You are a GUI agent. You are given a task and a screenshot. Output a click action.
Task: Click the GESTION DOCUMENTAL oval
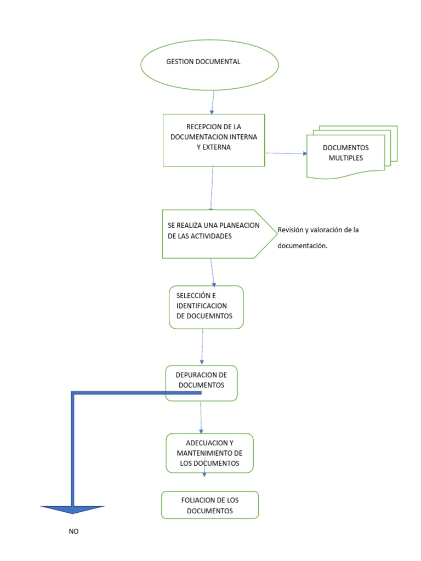[x=209, y=62]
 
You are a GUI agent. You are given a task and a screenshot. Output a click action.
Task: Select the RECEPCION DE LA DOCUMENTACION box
[x=214, y=140]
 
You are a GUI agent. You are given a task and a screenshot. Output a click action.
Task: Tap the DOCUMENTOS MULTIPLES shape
[x=346, y=153]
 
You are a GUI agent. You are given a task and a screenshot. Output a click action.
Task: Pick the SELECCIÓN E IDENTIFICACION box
[x=206, y=307]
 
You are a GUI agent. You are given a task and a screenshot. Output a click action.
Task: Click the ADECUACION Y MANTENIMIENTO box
[x=210, y=453]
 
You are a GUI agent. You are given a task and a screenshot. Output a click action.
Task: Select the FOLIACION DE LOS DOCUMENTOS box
[x=210, y=505]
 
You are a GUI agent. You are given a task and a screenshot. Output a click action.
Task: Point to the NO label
[x=73, y=531]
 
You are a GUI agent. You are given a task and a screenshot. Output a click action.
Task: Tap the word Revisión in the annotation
[x=291, y=230]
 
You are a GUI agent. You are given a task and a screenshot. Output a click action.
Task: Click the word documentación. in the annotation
[x=303, y=246]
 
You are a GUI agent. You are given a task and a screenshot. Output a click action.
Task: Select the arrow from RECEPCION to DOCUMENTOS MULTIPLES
[x=286, y=153]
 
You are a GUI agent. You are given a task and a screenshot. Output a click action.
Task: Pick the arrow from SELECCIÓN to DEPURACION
[x=202, y=347]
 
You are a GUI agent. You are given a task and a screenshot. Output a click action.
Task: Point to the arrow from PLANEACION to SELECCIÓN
[x=213, y=272]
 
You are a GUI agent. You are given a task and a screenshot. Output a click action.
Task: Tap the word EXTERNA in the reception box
[x=213, y=147]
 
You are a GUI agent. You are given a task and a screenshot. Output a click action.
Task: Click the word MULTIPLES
[x=345, y=158]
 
